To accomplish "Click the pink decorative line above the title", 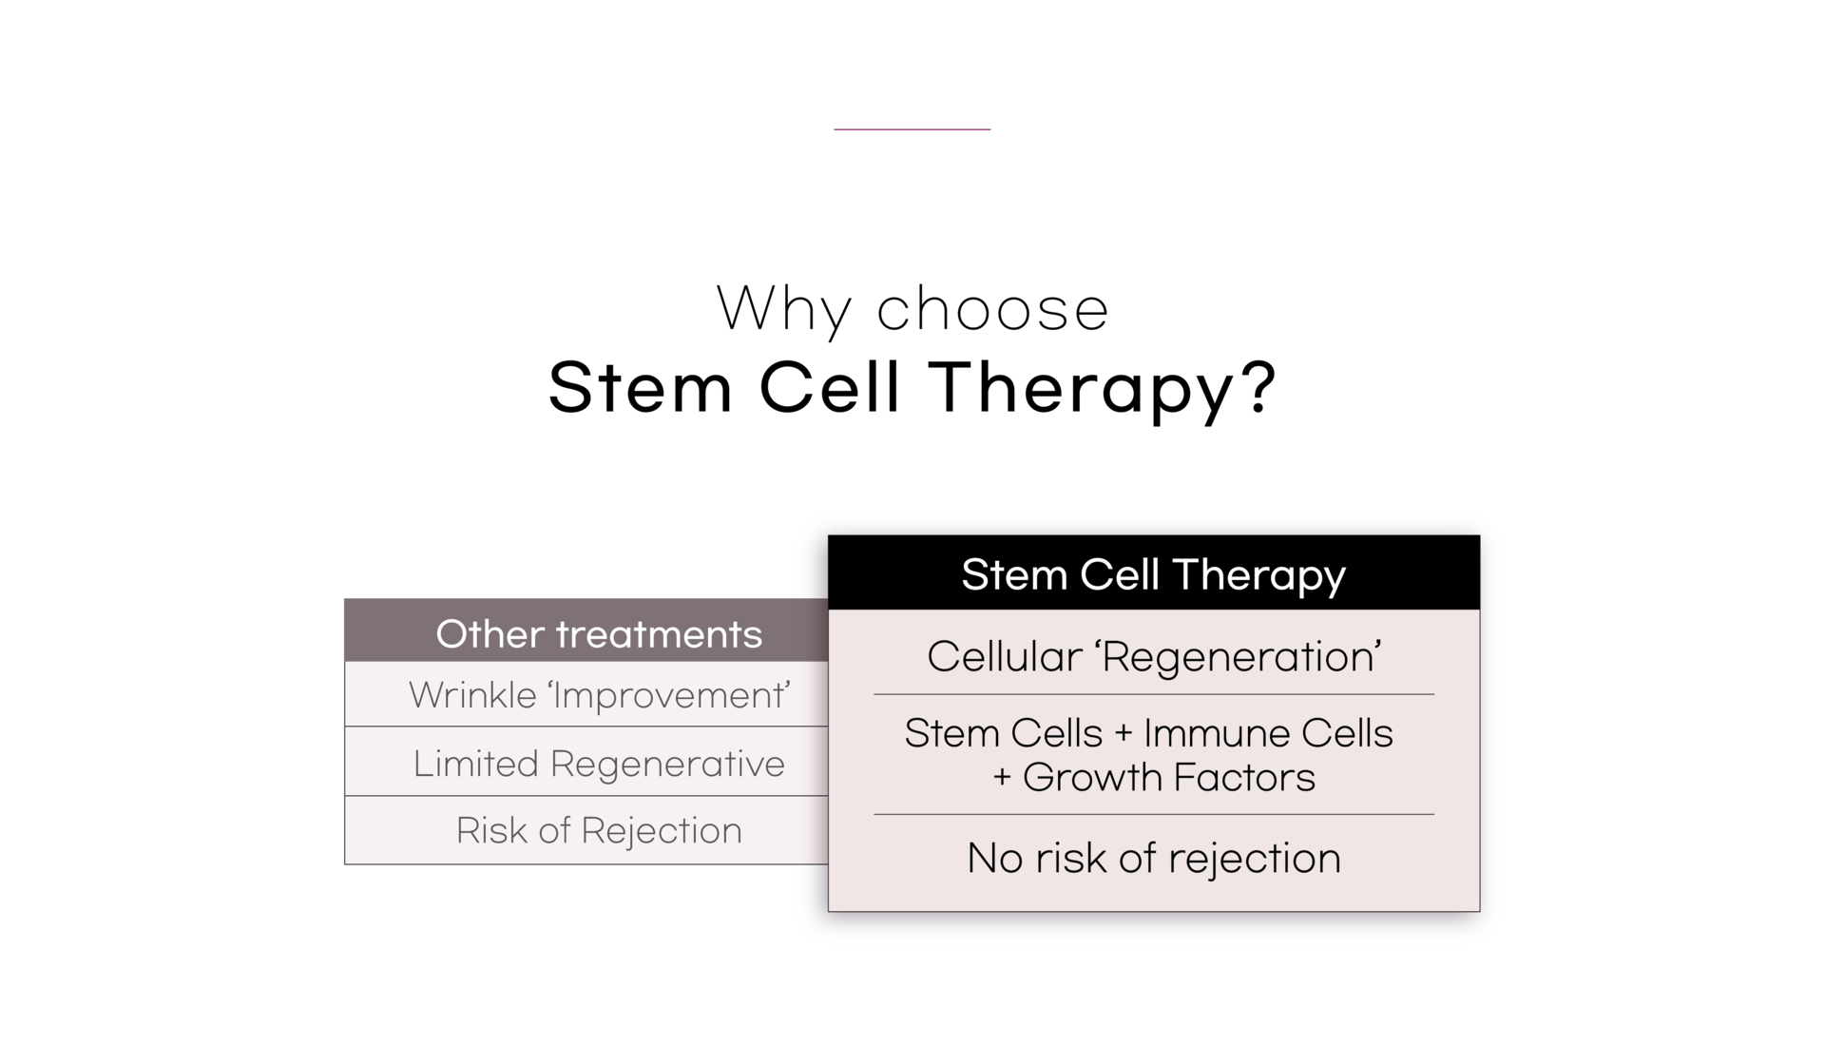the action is pos(912,128).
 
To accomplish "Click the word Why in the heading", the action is pos(783,310).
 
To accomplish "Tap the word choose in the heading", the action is pos(992,309).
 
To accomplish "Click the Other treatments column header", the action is pos(586,630).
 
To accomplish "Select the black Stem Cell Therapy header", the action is pos(1154,572).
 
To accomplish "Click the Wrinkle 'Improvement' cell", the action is pos(586,694).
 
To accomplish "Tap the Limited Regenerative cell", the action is pos(586,762).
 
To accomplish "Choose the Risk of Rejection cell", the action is pos(586,830).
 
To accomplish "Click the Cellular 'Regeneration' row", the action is pos(1154,656).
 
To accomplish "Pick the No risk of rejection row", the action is pos(1154,858).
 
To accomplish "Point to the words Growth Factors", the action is pos(1169,777).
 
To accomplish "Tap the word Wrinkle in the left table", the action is pos(473,695).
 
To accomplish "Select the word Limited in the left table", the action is pos(475,763).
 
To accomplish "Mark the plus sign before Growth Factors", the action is pos(1002,778).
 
